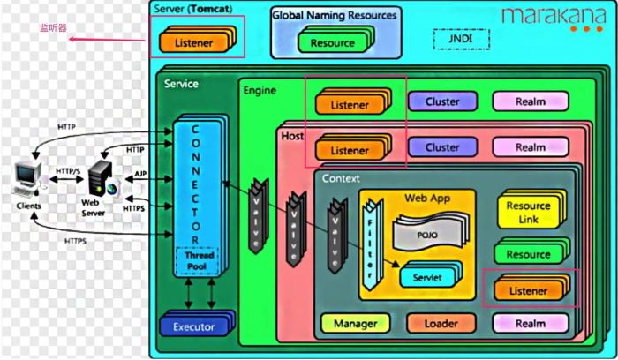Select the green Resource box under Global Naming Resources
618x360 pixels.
[x=332, y=42]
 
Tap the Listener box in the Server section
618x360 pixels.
[x=193, y=42]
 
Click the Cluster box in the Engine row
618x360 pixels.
[x=441, y=101]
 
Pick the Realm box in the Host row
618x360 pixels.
[x=530, y=147]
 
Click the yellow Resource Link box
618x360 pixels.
[x=529, y=212]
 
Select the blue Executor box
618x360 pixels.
[x=193, y=326]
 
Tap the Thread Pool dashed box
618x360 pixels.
[x=195, y=261]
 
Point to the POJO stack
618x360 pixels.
[x=427, y=235]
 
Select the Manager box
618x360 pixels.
[x=355, y=324]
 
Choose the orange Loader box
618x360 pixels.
[x=441, y=324]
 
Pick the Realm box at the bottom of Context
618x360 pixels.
[x=530, y=324]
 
